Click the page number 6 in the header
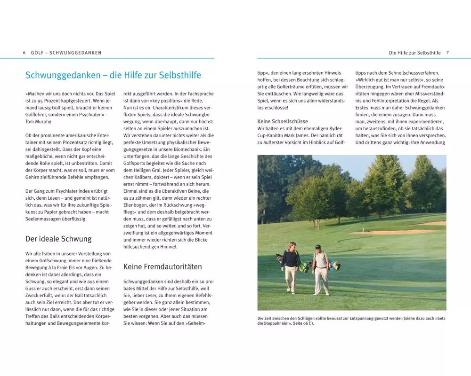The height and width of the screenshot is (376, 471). coord(24,53)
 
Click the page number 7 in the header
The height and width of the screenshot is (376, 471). coord(447,53)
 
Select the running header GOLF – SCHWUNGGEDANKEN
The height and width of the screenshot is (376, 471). coord(66,53)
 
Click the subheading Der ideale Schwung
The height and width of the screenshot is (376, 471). coord(58,239)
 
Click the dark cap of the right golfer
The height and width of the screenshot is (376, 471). coord(318,246)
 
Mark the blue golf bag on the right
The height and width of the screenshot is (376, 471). coord(334,265)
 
